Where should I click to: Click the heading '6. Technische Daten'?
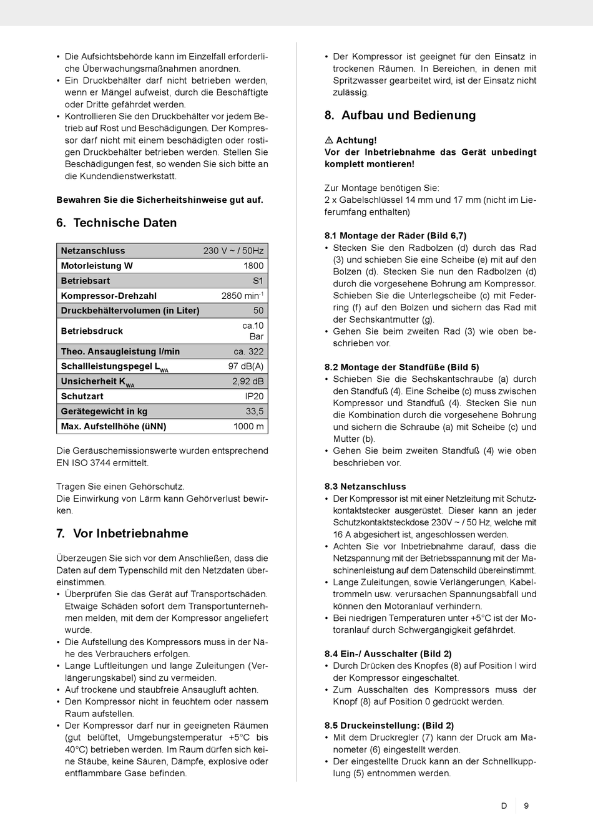coord(117,223)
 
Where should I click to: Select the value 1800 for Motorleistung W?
coord(253,266)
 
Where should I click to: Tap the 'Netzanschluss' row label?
coord(93,251)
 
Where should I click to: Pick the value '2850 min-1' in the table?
coord(242,296)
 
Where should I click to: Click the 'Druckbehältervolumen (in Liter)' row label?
coord(130,311)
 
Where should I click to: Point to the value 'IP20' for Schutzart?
coord(254,396)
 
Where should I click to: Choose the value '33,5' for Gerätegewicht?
coord(255,411)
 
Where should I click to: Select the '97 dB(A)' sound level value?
coord(246,366)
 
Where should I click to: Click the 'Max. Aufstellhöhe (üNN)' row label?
coord(114,427)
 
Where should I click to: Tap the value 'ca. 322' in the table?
coord(248,351)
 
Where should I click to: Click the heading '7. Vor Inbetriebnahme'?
coord(122,533)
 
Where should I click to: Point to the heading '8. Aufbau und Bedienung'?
coord(400,115)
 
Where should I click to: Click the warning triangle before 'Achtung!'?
coord(329,140)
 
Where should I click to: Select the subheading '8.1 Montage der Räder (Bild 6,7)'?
coord(395,236)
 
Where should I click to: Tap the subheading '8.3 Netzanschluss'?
coord(365,487)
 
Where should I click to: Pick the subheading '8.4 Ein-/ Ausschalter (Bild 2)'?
coord(388,654)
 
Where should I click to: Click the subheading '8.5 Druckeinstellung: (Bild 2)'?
coord(389,726)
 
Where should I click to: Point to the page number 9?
coord(526,806)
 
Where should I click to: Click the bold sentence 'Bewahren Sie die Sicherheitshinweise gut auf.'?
coord(160,200)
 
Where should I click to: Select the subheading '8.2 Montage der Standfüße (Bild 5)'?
coord(401,368)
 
